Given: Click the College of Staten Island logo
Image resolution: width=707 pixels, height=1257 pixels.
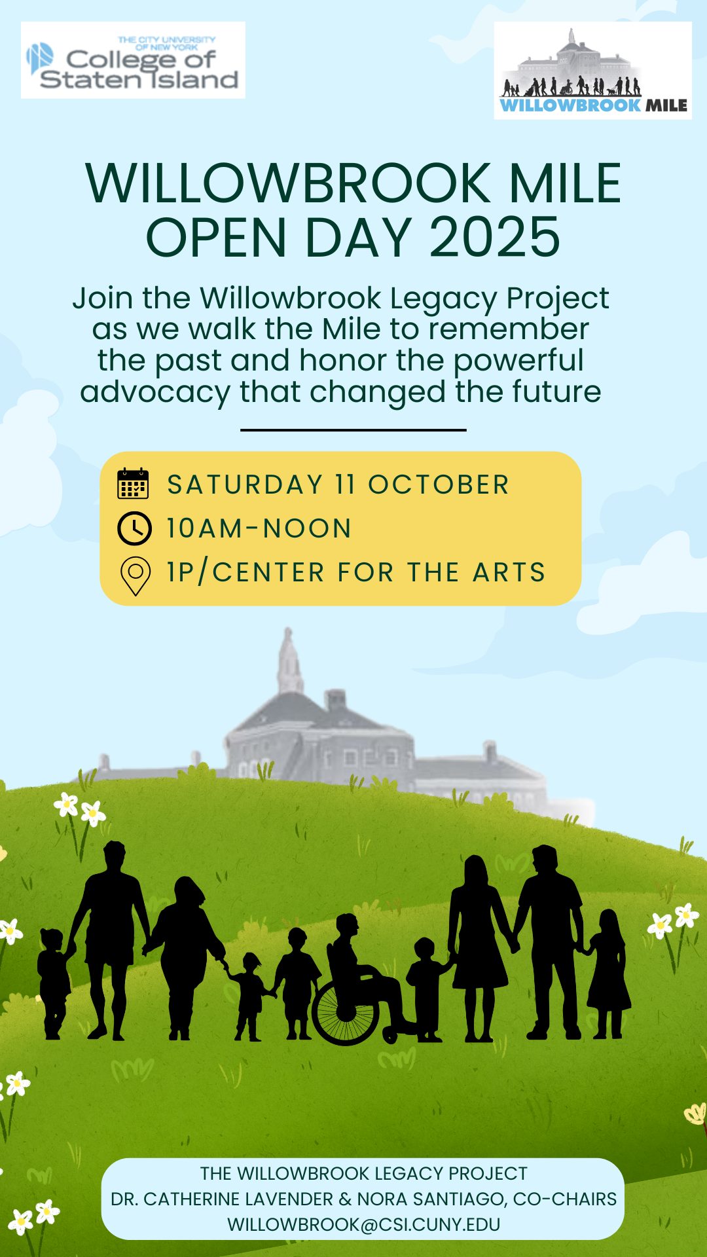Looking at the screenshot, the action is click(133, 60).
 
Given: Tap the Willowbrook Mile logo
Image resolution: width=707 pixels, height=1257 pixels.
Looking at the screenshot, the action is click(592, 71).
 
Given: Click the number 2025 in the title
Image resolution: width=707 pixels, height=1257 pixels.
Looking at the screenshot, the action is click(495, 237).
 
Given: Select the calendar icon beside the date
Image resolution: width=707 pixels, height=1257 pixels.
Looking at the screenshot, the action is click(133, 484).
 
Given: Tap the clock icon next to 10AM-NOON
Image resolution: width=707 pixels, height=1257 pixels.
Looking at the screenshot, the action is click(134, 528).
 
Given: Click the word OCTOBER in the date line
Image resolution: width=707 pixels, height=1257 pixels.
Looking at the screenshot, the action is click(439, 484).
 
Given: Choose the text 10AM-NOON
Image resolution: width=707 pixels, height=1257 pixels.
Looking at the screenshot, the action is click(259, 528).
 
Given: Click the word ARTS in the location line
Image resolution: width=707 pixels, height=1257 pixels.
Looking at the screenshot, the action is click(509, 572).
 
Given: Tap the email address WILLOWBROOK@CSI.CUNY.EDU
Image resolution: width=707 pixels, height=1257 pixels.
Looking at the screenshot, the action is click(363, 1224).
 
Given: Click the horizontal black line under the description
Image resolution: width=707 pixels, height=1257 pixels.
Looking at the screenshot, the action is click(353, 430).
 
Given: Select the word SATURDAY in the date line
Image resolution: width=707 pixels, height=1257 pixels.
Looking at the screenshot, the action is click(245, 484).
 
